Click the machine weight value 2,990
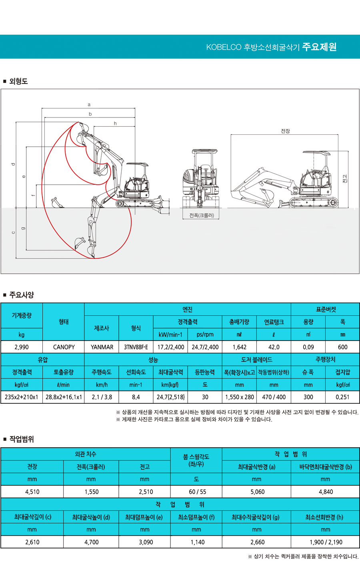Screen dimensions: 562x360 click(x=22, y=347)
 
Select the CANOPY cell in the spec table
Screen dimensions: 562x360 click(x=64, y=347)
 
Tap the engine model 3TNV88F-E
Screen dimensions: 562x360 click(x=136, y=347)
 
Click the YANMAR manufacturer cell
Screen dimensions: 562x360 click(x=102, y=347)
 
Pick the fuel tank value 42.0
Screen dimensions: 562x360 click(x=274, y=347)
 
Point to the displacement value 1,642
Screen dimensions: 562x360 click(x=239, y=347)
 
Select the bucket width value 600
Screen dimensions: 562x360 click(x=342, y=347)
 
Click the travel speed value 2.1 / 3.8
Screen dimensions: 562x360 click(x=102, y=397)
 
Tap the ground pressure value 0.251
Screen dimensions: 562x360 click(x=342, y=397)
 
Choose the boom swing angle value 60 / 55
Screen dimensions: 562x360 click(x=196, y=492)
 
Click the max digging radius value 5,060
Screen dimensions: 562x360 click(x=257, y=492)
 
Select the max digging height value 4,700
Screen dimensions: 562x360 click(x=91, y=542)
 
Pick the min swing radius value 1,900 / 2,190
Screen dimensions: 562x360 click(x=326, y=542)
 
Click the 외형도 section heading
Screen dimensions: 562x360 click(x=18, y=81)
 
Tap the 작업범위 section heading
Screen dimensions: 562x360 click(x=21, y=439)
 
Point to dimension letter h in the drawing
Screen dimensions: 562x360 click(x=115, y=124)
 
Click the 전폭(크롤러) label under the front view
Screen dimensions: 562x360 click(x=202, y=215)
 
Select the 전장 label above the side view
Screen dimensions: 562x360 click(x=285, y=131)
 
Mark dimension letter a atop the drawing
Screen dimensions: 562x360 click(x=89, y=105)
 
